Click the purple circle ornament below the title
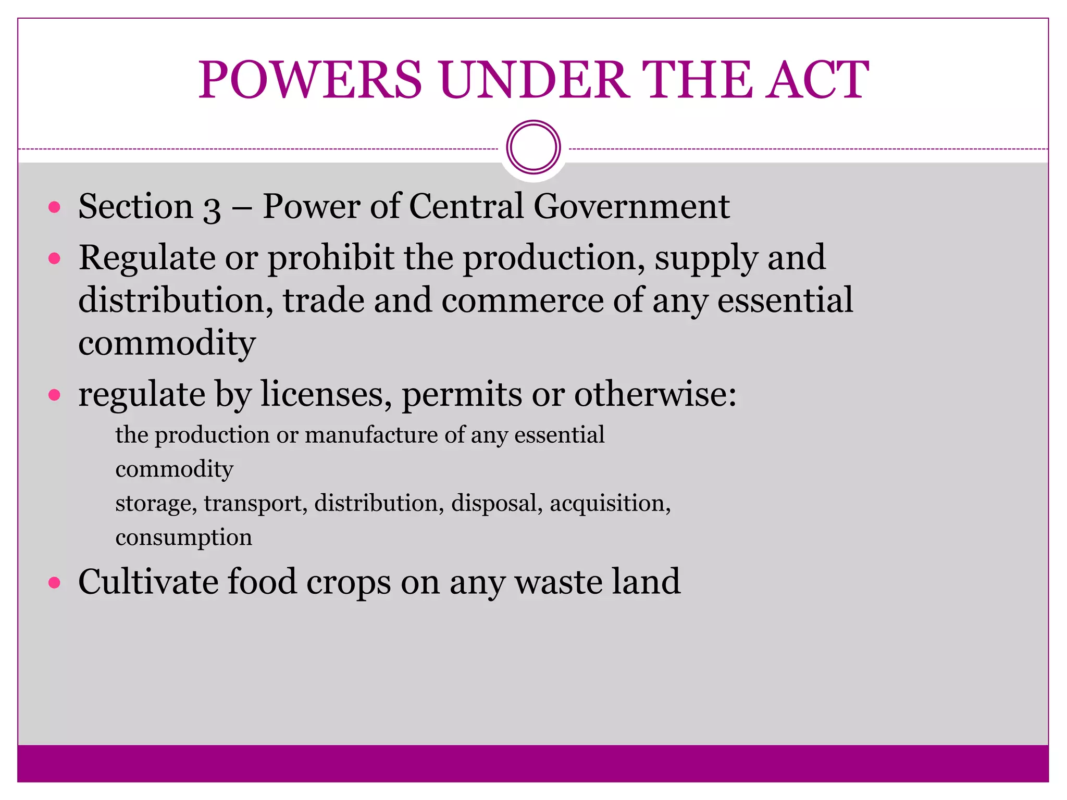tap(533, 147)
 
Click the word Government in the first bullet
tap(631, 206)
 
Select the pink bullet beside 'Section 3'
tap(54, 208)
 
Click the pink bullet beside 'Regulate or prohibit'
tap(54, 258)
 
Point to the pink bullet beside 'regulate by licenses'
tap(54, 395)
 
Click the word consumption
tap(183, 538)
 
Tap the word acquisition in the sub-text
tap(610, 504)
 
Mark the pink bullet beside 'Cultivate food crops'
tap(54, 582)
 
